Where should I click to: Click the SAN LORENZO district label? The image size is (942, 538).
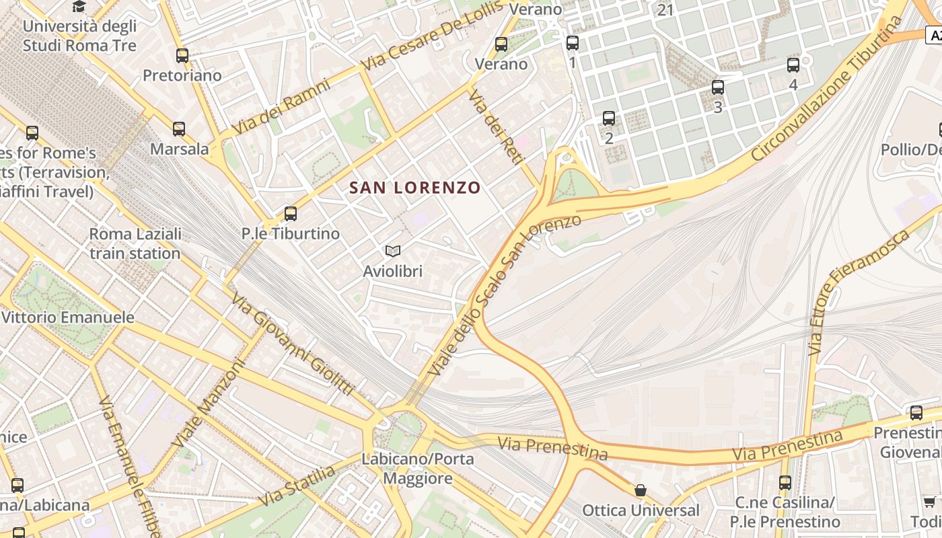[415, 188]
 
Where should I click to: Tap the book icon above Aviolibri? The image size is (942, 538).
[393, 252]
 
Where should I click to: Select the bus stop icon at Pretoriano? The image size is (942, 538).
[182, 56]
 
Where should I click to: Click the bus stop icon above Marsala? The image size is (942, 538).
[178, 129]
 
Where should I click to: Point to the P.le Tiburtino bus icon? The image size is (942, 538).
[290, 214]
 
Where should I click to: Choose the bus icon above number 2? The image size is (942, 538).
[609, 118]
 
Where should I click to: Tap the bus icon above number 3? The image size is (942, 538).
[718, 87]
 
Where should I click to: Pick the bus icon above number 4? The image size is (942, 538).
[793, 65]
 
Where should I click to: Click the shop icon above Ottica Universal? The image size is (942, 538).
[641, 491]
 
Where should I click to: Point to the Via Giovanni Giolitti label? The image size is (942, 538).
[293, 344]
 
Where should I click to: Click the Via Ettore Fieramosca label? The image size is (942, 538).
[861, 291]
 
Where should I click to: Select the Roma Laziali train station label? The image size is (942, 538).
[135, 244]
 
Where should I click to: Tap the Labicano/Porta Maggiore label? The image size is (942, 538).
[418, 469]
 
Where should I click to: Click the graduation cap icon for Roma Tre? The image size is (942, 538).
[79, 7]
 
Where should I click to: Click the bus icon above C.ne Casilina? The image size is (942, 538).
[785, 483]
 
